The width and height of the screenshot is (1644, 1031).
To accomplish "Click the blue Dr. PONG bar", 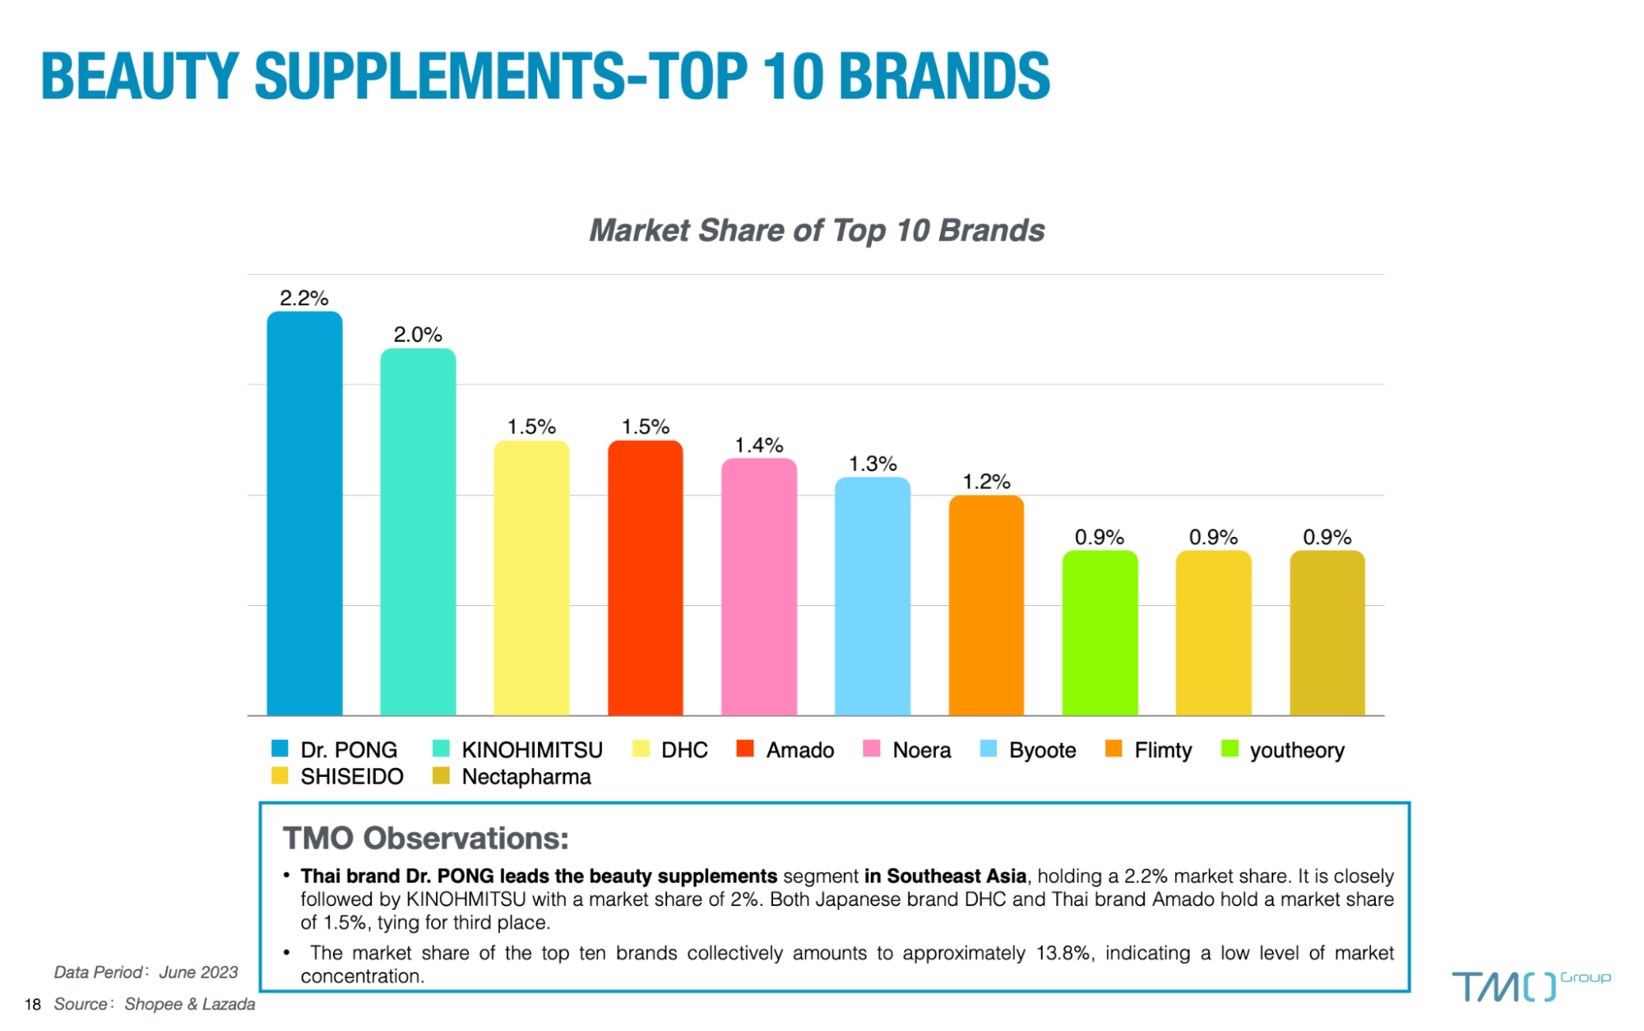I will pos(304,514).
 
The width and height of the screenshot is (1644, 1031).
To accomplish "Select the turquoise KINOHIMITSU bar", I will pos(418,532).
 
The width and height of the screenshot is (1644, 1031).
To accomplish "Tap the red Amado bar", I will pos(646,578).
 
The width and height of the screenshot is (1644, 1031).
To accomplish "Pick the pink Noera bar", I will pos(759,587).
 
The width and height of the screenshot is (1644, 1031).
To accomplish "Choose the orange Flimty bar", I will pos(986,606).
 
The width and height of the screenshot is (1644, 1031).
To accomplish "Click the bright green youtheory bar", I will pos(1100,633).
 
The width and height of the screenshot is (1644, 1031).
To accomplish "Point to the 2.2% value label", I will pos(304,298).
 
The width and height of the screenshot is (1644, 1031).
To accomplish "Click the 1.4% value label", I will pos(759,445).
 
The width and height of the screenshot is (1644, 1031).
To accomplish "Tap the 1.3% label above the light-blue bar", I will pos(873,464).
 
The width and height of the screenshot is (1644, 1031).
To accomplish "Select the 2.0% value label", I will pos(418,335).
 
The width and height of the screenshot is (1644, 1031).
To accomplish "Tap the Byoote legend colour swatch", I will pos(989,748).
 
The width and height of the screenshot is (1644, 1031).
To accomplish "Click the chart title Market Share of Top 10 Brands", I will pos(817,230).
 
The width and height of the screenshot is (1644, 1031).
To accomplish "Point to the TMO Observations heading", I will pos(426,838).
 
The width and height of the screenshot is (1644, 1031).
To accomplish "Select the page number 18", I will pos(33,1004).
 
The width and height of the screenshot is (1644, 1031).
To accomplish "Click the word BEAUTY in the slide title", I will pos(140,76).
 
